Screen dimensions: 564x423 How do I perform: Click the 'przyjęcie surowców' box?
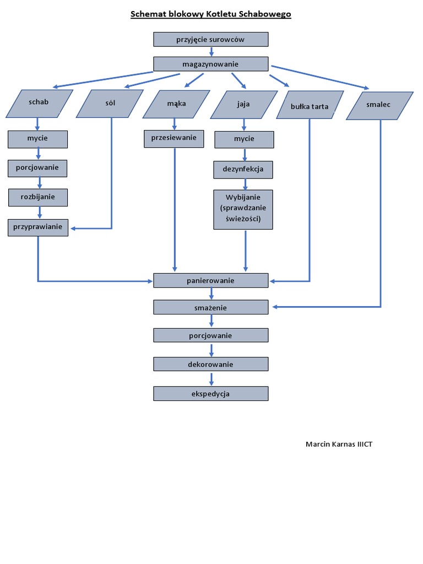point(210,39)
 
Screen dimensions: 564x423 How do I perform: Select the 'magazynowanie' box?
point(210,64)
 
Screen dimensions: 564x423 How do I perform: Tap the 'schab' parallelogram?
point(39,103)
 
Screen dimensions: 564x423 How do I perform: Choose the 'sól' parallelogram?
point(110,104)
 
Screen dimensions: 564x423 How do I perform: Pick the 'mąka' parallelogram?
point(176,104)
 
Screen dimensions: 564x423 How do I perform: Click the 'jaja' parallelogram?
point(243,105)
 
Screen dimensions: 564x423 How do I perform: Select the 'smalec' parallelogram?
point(379,105)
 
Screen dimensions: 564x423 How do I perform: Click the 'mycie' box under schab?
point(37,139)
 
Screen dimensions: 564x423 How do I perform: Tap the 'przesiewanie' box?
point(174,138)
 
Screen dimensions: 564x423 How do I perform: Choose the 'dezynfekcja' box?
point(243,169)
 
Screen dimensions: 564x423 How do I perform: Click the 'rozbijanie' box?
point(37,197)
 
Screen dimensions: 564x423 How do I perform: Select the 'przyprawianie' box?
point(37,227)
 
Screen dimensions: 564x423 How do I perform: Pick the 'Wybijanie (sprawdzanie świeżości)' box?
point(243,209)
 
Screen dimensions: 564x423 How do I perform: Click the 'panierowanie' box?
point(210,280)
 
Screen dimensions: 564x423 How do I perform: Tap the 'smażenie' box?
point(210,307)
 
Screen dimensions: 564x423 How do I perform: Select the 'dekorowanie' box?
point(210,364)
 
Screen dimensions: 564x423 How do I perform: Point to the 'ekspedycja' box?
point(210,393)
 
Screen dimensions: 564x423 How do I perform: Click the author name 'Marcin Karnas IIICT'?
point(339,444)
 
